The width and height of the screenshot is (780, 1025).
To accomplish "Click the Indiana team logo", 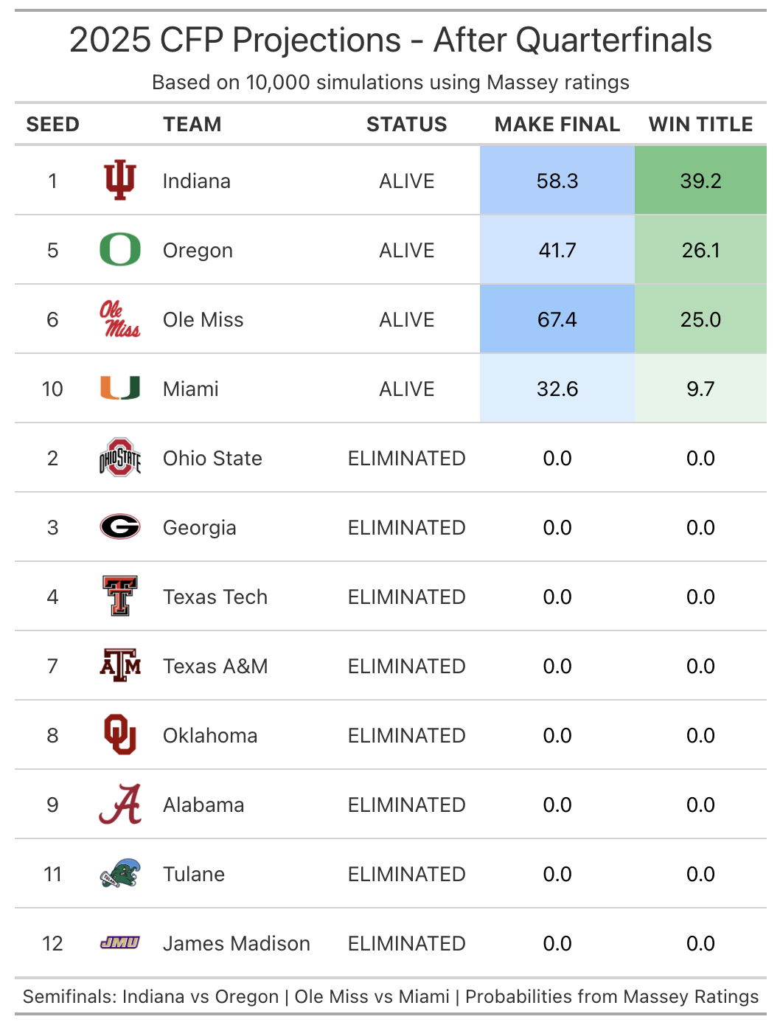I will pyautogui.click(x=119, y=181).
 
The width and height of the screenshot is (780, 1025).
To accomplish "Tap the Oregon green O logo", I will pyautogui.click(x=119, y=250).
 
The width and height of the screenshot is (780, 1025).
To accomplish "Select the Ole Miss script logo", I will pyautogui.click(x=119, y=319).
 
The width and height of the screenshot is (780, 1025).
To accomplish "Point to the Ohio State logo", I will pyautogui.click(x=119, y=458).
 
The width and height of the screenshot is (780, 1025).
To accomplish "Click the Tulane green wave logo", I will pyautogui.click(x=119, y=874).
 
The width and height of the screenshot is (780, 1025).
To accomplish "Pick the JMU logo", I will pyautogui.click(x=119, y=942).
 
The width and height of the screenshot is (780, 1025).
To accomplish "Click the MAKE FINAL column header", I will pyautogui.click(x=557, y=125).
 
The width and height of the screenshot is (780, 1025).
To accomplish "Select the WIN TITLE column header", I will pyautogui.click(x=700, y=125).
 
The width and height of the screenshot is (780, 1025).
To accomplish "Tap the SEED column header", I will pyautogui.click(x=52, y=125).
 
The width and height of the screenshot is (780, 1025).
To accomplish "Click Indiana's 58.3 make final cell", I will pyautogui.click(x=557, y=181).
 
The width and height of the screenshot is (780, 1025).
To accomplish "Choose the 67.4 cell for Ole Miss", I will pyautogui.click(x=557, y=319).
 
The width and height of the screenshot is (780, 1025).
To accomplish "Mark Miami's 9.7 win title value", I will pyautogui.click(x=700, y=389).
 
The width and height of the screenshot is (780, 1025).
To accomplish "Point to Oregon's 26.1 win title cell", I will pyautogui.click(x=700, y=250).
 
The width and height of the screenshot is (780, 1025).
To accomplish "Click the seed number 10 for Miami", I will pyautogui.click(x=52, y=389).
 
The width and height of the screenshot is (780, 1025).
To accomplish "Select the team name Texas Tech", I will pyautogui.click(x=215, y=597).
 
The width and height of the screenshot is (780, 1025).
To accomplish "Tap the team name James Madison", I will pyautogui.click(x=236, y=943).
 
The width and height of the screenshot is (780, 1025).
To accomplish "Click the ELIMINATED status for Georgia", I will pyautogui.click(x=406, y=527).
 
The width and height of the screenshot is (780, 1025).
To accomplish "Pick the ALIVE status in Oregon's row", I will pyautogui.click(x=406, y=250).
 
